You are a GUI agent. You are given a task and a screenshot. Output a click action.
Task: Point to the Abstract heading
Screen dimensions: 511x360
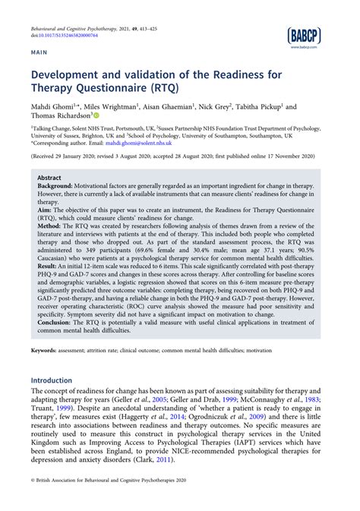coord(49,176)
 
